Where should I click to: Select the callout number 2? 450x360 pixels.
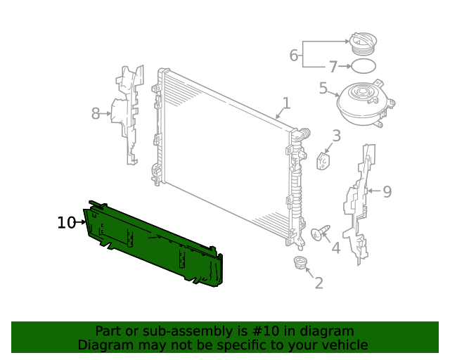click(319, 283)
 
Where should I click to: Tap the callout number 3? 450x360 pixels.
click(336, 136)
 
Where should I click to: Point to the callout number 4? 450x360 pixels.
click(335, 247)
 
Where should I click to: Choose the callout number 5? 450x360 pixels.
click(323, 89)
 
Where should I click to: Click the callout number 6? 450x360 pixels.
click(294, 55)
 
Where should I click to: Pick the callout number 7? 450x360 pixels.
click(333, 67)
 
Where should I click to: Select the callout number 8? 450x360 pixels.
click(96, 112)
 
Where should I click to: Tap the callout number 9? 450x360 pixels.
click(387, 191)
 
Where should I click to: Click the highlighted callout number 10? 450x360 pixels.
click(66, 223)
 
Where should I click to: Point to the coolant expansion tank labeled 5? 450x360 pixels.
click(363, 103)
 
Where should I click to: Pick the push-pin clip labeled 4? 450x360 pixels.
click(319, 233)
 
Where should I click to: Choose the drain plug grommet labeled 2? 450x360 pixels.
click(300, 264)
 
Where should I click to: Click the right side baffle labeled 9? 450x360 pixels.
click(359, 204)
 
